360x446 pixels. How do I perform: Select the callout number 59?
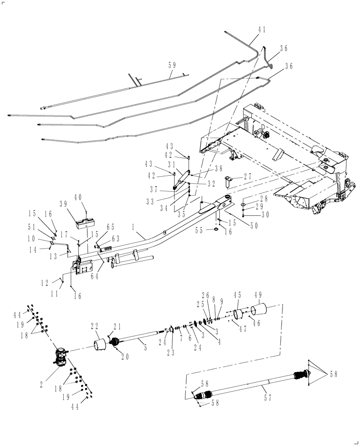172,65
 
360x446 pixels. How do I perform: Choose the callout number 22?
96,326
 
